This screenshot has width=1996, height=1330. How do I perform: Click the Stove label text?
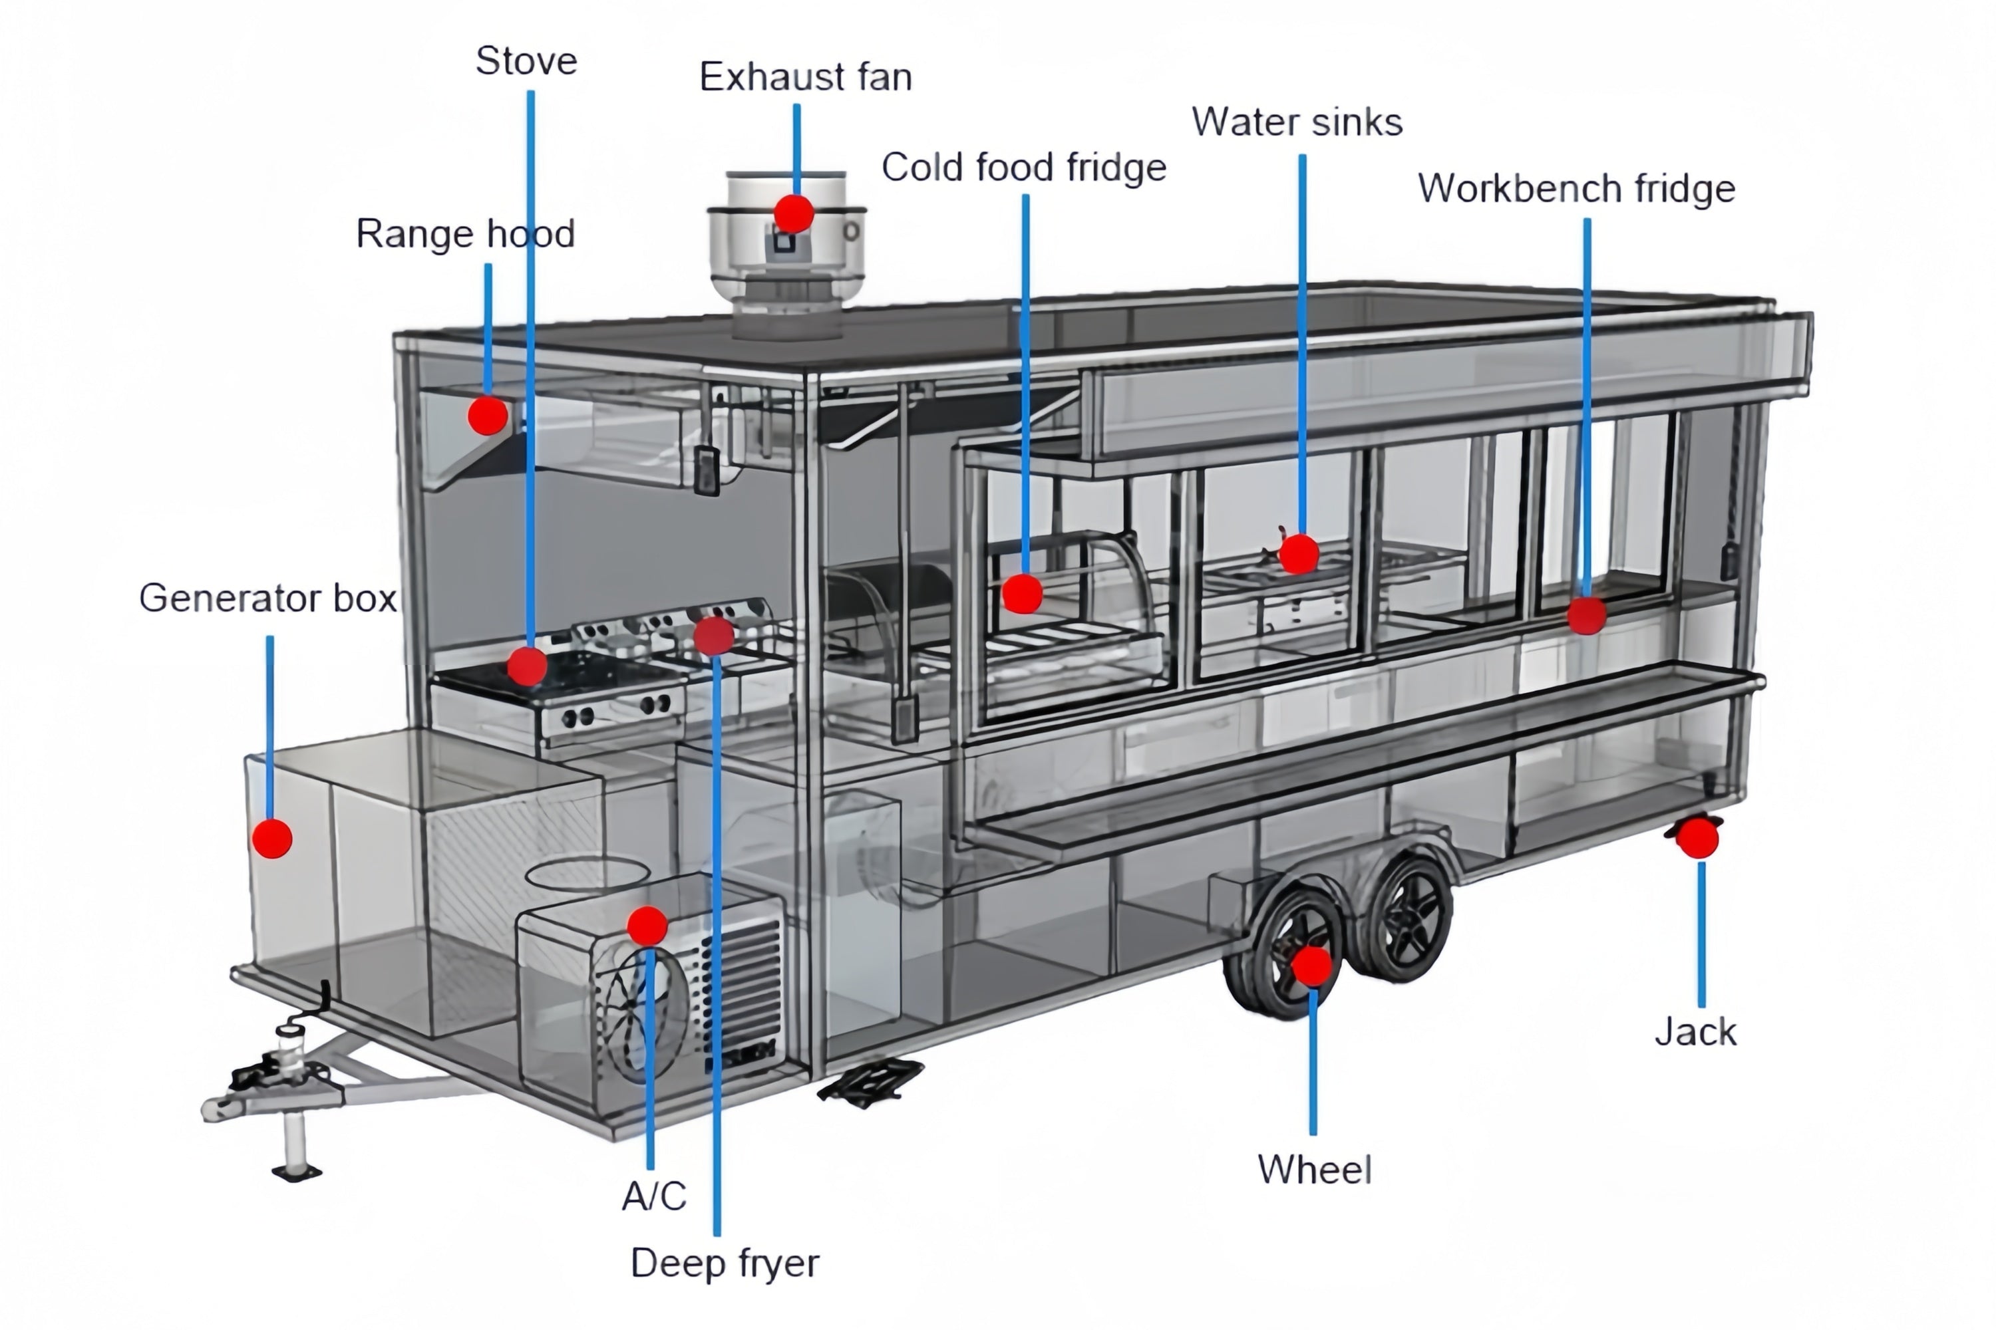click(526, 61)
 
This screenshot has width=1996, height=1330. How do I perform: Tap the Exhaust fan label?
click(805, 77)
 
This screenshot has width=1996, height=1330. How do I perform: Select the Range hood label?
click(465, 234)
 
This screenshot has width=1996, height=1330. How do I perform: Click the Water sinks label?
click(1297, 122)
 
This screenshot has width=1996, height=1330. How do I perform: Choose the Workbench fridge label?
click(1576, 188)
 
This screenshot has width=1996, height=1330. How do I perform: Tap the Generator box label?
click(267, 598)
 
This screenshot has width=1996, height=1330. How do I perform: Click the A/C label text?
click(653, 1196)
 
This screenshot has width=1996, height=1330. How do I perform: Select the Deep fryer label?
click(725, 1263)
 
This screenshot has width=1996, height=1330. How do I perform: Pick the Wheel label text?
click(1313, 1170)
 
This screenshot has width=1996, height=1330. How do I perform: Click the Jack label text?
click(1695, 1032)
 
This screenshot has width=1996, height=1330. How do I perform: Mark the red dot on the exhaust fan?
click(794, 213)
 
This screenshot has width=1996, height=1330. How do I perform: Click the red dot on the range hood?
click(488, 416)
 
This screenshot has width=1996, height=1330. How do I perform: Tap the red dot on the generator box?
click(272, 838)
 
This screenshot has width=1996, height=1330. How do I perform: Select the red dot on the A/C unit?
click(647, 926)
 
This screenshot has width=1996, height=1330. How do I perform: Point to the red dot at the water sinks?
click(1299, 555)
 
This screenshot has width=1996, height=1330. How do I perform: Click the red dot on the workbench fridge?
click(1586, 615)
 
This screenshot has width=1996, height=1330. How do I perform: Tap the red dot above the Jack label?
click(1698, 839)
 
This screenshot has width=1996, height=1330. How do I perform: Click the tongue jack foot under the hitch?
click(296, 1172)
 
